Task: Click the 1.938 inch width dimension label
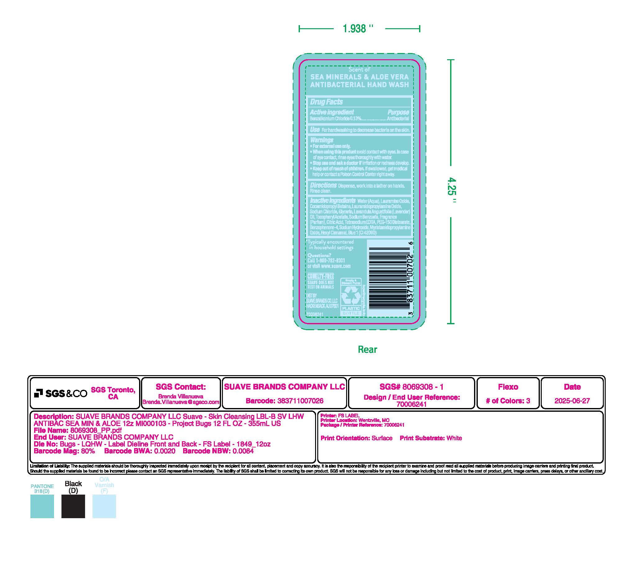pos(358,29)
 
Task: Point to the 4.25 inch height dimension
pos(452,190)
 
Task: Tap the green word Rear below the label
pos(367,349)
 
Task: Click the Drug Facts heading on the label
pos(326,102)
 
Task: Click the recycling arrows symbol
pos(350,295)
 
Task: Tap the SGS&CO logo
pos(61,393)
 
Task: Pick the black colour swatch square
pos(73,506)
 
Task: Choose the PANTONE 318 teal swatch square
pos(42,506)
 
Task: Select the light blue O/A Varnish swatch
pos(104,506)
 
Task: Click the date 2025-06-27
pos(572,401)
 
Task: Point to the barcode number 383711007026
pos(300,401)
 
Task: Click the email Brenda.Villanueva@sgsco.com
pos(181,402)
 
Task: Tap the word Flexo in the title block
pos(508,387)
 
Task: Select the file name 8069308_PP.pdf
pos(96,430)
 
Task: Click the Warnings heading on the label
pos(322,140)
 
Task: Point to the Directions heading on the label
pos(323,185)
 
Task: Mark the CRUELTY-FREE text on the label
pos(320,276)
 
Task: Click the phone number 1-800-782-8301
pos(330,261)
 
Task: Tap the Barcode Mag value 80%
pos(88,451)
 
